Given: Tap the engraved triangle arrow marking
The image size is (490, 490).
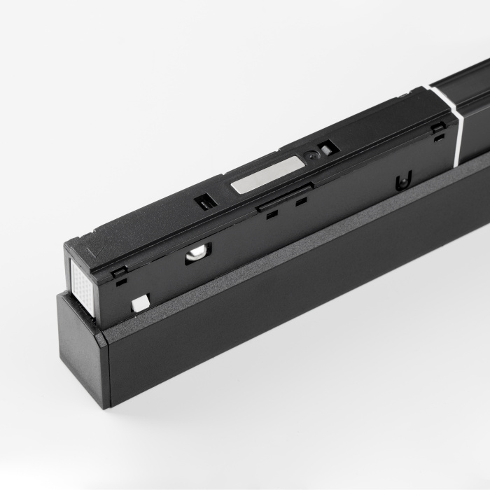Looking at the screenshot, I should (99, 246).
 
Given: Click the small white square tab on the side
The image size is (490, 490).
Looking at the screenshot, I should (140, 302).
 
